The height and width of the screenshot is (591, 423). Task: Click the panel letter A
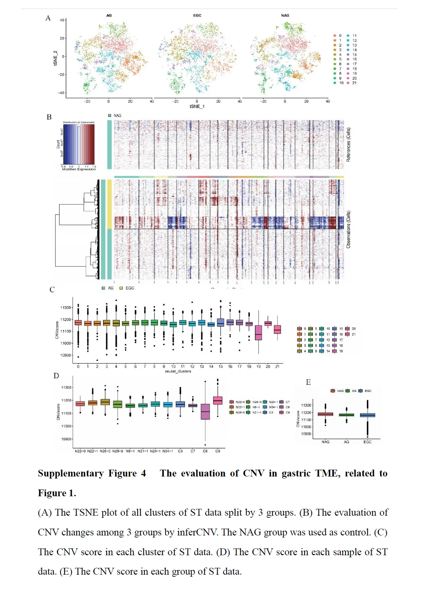pos(48,18)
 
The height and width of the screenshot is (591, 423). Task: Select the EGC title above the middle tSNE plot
pos(197,15)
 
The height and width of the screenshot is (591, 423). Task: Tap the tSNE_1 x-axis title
pos(197,106)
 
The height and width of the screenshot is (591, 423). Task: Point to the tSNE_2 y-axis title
pos(55,58)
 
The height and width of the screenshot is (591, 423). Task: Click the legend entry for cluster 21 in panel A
pos(354,83)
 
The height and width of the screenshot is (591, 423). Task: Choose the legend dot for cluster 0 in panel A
pos(335,35)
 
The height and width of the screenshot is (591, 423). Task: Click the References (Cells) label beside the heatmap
pos(348,145)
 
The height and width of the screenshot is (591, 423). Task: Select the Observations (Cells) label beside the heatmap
pos(348,229)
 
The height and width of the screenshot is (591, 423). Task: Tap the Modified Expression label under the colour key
pos(79,169)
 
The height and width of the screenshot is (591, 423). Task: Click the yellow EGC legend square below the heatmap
pos(121,288)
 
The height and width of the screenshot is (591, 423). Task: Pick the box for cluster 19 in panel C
pos(259,333)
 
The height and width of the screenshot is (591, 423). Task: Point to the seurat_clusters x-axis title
pos(178,371)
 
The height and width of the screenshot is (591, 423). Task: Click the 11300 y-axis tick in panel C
pos(66,307)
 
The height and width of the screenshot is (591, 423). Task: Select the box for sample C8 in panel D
pos(205,411)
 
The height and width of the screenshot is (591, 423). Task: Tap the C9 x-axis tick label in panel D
pos(218,451)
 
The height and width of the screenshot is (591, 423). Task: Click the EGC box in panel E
pos(368,415)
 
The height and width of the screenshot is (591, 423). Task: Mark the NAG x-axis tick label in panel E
pos(325,442)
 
